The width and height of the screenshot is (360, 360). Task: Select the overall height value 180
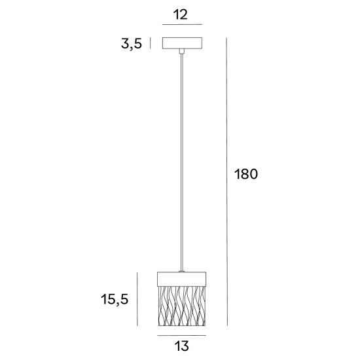coord(246,174)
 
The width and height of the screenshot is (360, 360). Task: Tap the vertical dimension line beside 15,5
coord(136,298)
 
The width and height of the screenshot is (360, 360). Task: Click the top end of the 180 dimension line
coord(226,37)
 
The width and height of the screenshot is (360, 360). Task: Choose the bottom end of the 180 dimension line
coord(226,325)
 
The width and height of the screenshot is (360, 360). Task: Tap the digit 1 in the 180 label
coord(236,174)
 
